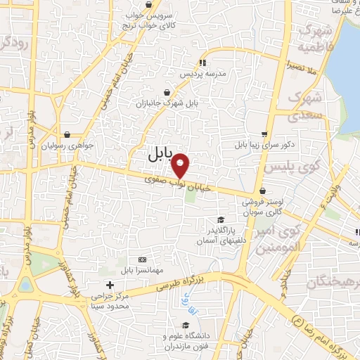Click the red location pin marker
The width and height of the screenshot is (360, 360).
pyautogui.click(x=181, y=165)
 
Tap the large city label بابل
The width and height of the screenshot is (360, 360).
pyautogui.click(x=161, y=154)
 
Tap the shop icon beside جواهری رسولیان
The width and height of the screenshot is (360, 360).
pyautogui.click(x=66, y=133)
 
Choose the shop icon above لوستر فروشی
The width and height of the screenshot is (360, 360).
pyautogui.click(x=262, y=190)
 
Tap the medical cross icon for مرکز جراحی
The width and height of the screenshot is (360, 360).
pyautogui.click(x=108, y=284)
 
